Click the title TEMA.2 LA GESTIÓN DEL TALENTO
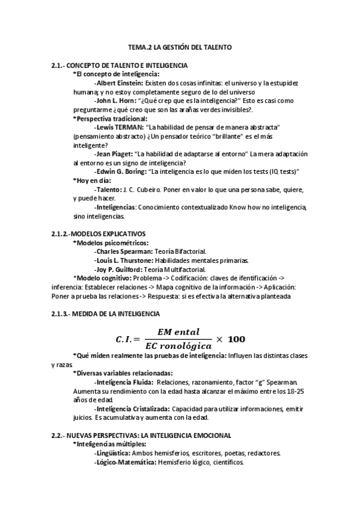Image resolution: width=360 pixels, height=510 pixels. [x=180, y=46]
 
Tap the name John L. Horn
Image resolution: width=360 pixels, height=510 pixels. [x=115, y=101]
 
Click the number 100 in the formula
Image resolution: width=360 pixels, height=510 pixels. [x=237, y=339]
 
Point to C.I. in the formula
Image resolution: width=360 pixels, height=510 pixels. [x=123, y=339]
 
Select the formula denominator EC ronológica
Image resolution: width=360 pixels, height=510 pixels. [x=180, y=347]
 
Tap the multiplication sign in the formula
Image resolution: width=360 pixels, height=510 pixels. [x=220, y=339]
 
